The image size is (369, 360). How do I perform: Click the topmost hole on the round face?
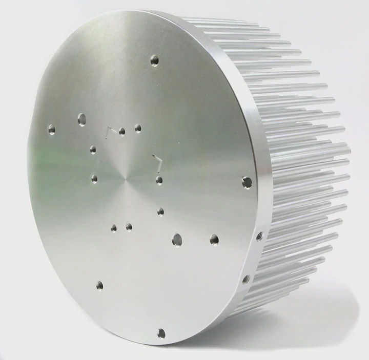click(154, 61)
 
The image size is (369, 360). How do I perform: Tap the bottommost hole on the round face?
click(161, 333)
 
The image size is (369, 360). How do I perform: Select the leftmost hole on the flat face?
click(51, 126)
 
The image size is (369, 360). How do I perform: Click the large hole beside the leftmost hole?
click(81, 120)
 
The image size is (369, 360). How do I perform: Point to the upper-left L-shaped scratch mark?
click(108, 130)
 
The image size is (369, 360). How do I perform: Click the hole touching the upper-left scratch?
click(122, 132)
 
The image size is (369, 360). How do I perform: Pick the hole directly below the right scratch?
click(159, 180)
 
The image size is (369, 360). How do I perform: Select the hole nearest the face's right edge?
click(247, 182)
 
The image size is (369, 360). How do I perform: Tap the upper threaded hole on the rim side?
click(259, 236)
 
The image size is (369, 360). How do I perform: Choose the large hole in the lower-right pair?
click(177, 239)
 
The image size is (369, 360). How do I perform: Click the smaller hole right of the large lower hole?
click(214, 239)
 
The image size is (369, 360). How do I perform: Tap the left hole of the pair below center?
click(114, 228)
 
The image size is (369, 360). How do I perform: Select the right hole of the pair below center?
click(129, 226)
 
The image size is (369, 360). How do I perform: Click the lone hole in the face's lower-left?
click(99, 285)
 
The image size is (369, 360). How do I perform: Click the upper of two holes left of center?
click(93, 150)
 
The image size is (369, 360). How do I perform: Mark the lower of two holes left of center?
click(94, 178)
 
